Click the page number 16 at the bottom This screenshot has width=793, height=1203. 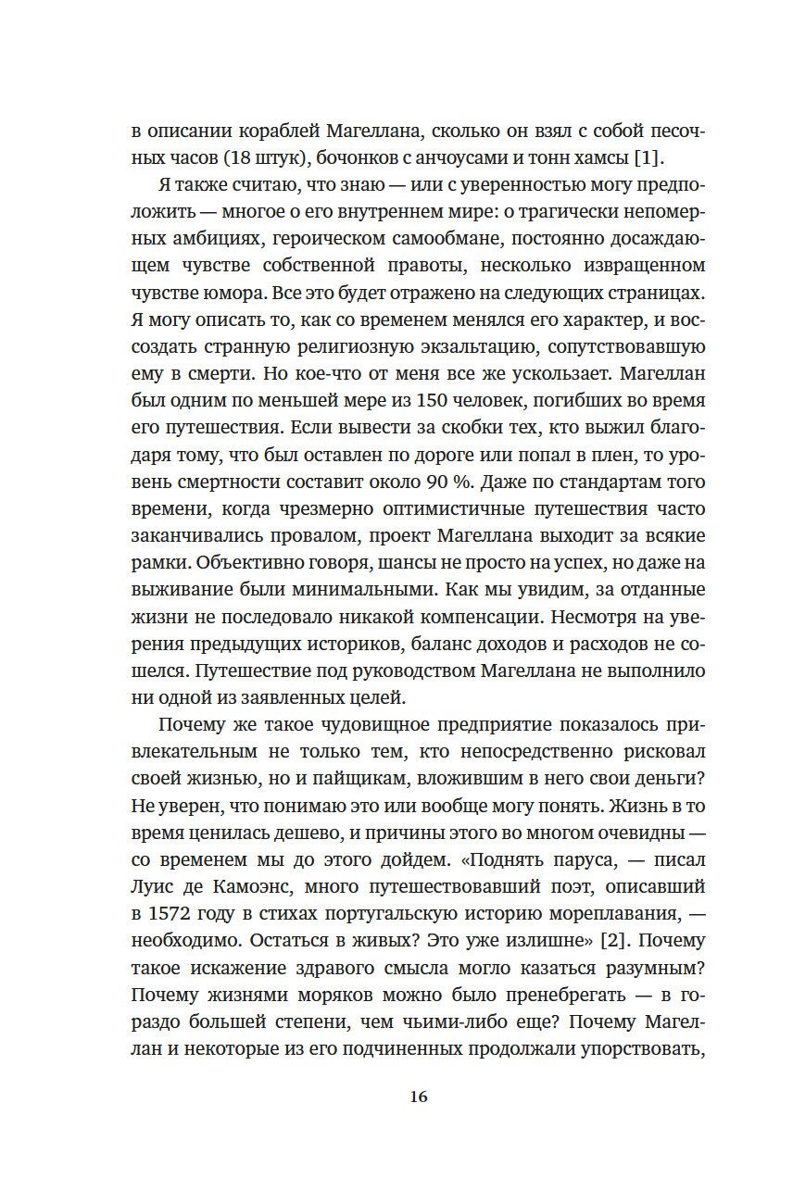coord(418,1097)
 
